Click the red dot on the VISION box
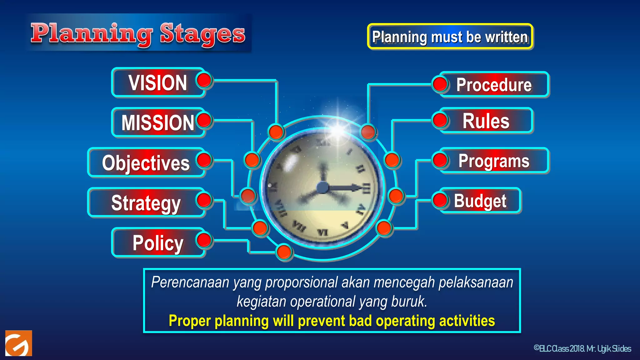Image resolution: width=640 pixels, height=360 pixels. click(x=205, y=80)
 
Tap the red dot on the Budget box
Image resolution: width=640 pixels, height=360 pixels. click(x=440, y=200)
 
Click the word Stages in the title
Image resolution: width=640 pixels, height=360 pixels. click(x=202, y=34)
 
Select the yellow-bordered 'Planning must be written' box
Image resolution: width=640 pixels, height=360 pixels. click(x=450, y=37)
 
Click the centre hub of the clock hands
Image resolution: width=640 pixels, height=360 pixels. click(x=322, y=187)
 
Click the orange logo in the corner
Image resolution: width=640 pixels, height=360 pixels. click(x=19, y=343)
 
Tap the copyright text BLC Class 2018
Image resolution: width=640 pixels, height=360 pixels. click(x=559, y=348)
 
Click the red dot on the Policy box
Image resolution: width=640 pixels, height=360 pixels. click(x=205, y=240)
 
